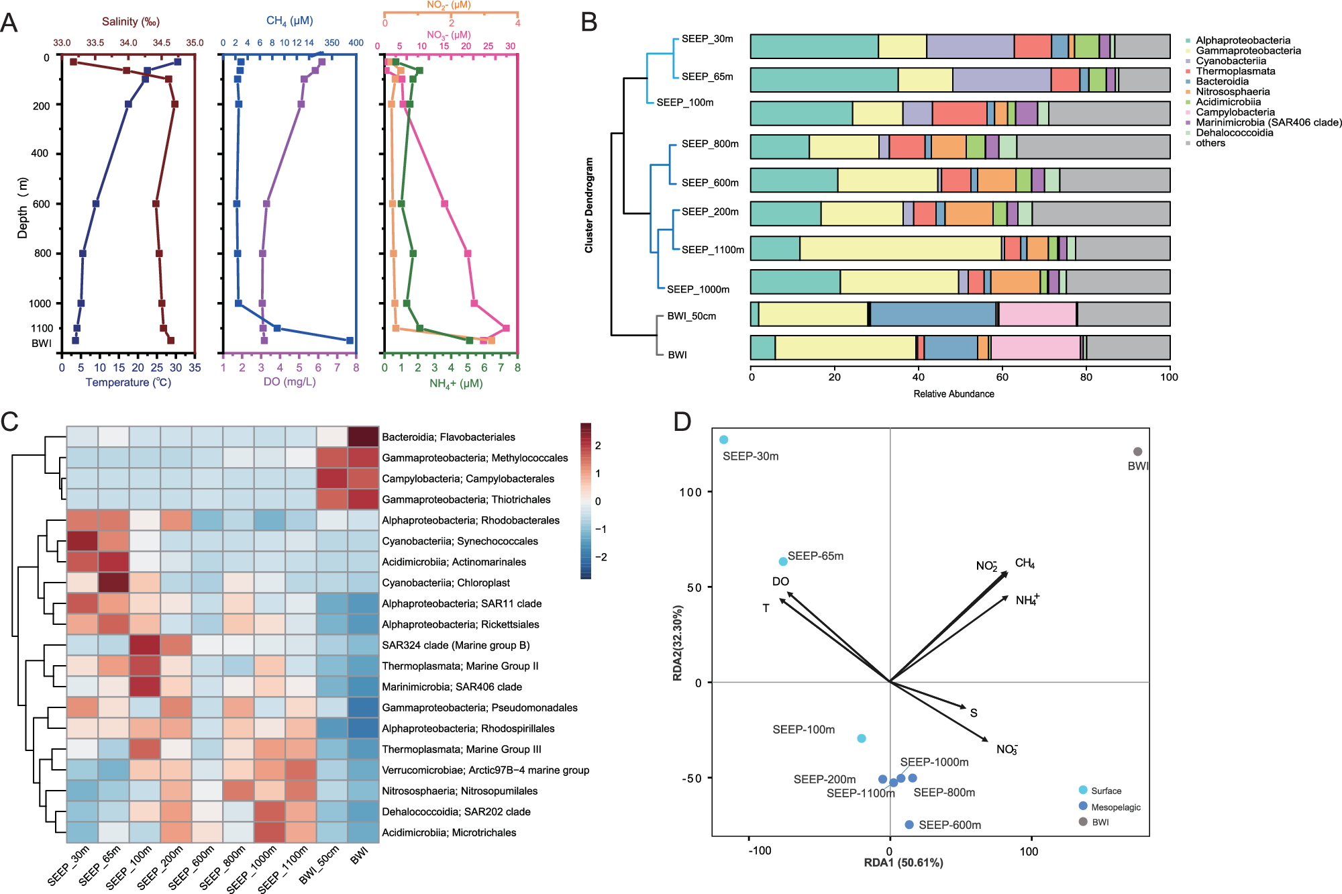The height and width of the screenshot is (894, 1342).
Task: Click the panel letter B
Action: pyautogui.click(x=588, y=22)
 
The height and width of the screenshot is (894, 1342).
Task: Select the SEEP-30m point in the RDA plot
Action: pyautogui.click(x=723, y=440)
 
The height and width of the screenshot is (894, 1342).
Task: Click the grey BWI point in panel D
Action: pyautogui.click(x=1137, y=452)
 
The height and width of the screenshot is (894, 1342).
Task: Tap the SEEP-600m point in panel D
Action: pyautogui.click(x=909, y=825)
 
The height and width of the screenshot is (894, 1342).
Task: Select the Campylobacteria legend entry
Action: pyautogui.click(x=1235, y=112)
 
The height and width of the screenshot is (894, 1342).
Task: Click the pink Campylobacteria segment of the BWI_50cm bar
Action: pyautogui.click(x=1037, y=314)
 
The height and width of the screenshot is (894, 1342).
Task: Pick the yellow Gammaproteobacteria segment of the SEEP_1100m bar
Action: pyautogui.click(x=900, y=248)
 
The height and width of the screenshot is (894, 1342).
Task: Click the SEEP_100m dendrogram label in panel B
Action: pyautogui.click(x=684, y=103)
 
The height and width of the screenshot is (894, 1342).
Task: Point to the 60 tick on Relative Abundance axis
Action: pyautogui.click(x=1002, y=377)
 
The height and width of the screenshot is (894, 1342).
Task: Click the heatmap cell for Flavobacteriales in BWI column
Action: pyautogui.click(x=363, y=437)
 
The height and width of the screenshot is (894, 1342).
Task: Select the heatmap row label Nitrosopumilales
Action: pyautogui.click(x=460, y=791)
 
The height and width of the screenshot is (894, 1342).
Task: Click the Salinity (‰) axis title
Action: pyautogui.click(x=131, y=21)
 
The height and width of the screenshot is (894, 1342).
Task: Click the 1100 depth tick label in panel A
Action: pyautogui.click(x=42, y=328)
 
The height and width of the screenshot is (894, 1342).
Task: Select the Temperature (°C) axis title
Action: pyautogui.click(x=128, y=383)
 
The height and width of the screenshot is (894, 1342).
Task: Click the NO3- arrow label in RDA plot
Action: pyautogui.click(x=1007, y=750)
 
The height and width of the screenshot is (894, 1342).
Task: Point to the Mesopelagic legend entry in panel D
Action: pyautogui.click(x=1115, y=807)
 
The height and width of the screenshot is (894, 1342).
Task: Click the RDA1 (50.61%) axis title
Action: pyautogui.click(x=903, y=862)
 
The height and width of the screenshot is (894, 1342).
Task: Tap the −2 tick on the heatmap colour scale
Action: pyautogui.click(x=601, y=557)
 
